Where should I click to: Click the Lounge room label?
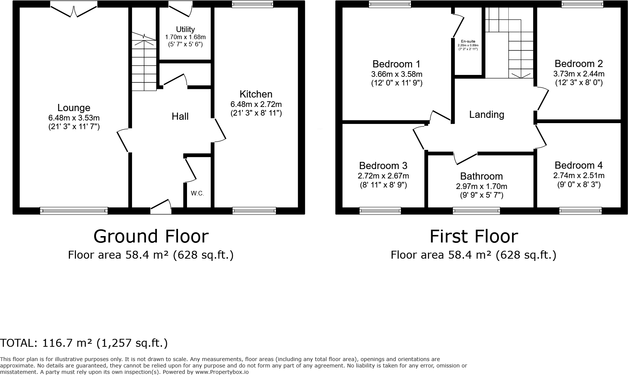tap(74, 108)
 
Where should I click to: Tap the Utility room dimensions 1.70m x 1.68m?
tap(185, 37)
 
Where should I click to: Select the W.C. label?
tap(197, 194)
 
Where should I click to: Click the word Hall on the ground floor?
tap(180, 116)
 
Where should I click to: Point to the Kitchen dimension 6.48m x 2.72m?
tap(256, 104)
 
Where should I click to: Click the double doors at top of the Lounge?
tap(74, 9)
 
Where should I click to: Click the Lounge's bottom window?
tap(74, 211)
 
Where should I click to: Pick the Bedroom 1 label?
tap(396, 64)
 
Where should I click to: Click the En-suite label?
tap(468, 41)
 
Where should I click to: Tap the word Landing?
tap(487, 114)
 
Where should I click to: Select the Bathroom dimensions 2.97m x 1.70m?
tap(481, 186)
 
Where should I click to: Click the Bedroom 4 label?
tap(578, 165)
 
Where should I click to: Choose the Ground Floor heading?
tap(151, 236)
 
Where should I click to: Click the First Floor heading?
tap(473, 236)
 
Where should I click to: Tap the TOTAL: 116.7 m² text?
tap(84, 343)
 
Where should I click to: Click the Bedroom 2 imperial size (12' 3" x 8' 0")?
tap(579, 82)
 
